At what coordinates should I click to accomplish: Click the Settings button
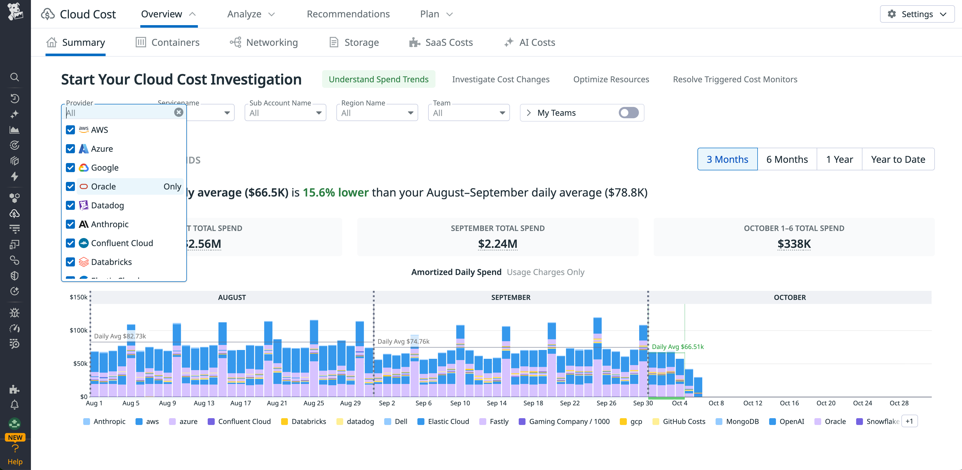pos(917,14)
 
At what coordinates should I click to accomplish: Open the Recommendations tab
pos(348,14)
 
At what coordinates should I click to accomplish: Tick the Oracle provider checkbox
pos(70,186)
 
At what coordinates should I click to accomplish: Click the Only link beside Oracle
pos(172,186)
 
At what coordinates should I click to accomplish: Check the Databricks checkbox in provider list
pos(70,262)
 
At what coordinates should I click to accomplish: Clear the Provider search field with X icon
pos(179,112)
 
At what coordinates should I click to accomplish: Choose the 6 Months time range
pos(787,160)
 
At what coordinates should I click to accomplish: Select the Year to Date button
pos(898,160)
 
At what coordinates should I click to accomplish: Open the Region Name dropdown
pos(377,113)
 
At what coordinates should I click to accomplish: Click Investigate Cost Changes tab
pos(500,80)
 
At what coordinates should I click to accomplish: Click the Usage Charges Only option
pos(545,272)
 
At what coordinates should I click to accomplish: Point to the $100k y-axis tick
pos(78,330)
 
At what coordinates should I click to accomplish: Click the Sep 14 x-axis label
pos(496,403)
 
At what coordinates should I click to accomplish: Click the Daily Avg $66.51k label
pos(677,347)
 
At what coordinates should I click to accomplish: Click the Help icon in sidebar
pos(15,453)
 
